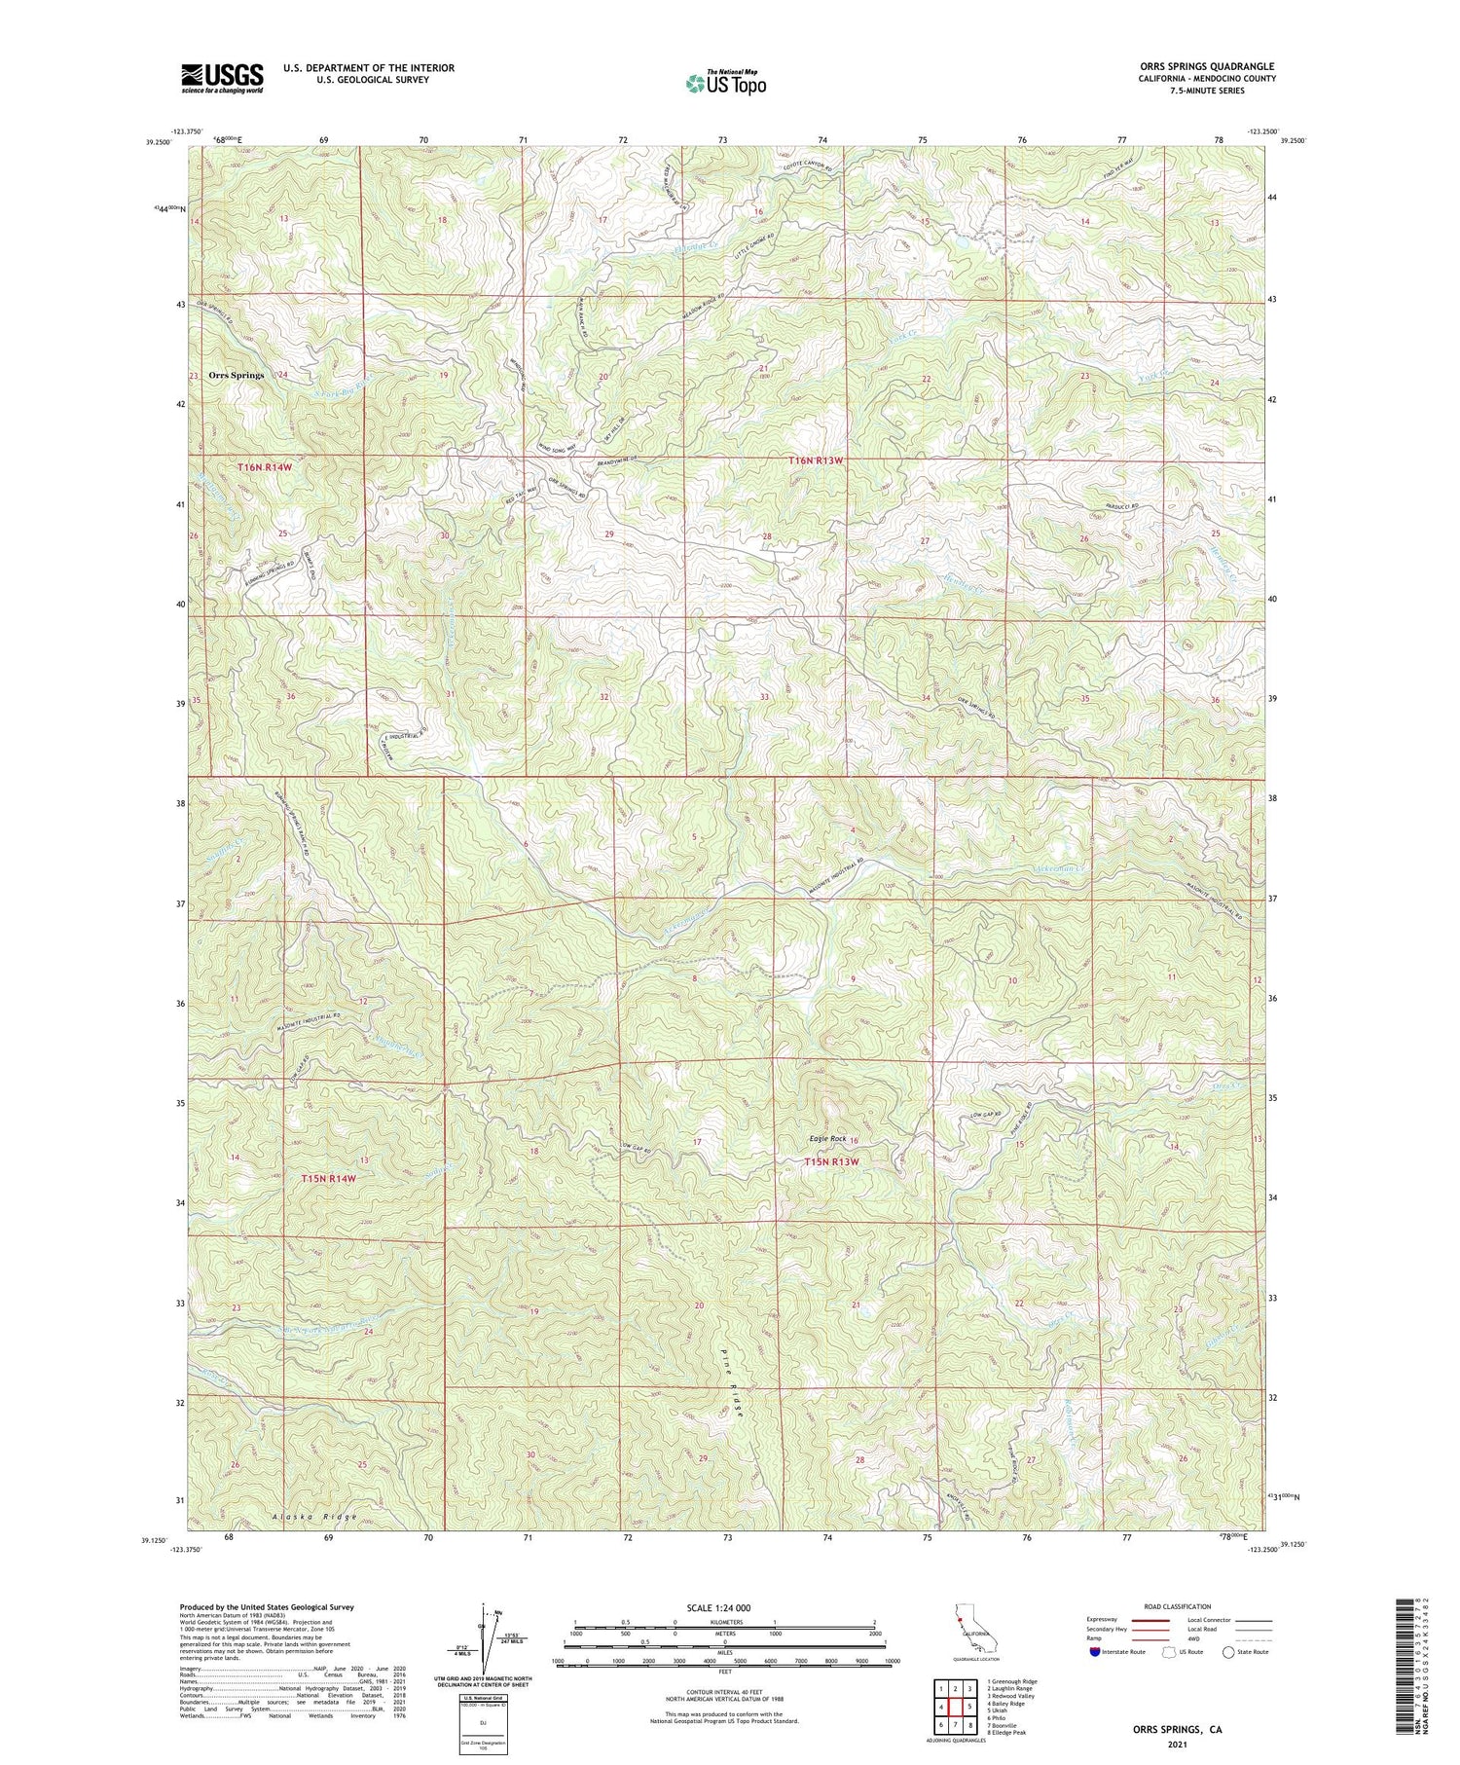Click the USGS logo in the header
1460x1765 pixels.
pyautogui.click(x=222, y=78)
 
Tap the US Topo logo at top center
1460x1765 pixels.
pyautogui.click(x=725, y=84)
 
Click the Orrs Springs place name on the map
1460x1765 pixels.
pyautogui.click(x=235, y=375)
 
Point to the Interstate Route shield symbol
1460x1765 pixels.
pyautogui.click(x=1096, y=1652)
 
